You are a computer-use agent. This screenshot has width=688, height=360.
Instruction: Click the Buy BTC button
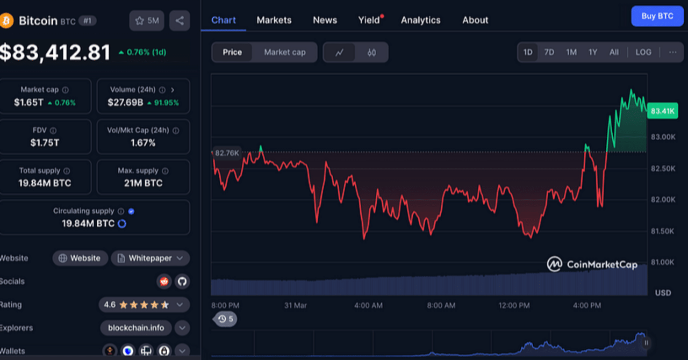[x=657, y=16]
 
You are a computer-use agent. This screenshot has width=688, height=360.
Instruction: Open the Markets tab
[x=274, y=20]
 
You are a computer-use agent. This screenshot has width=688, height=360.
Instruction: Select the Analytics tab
[x=420, y=20]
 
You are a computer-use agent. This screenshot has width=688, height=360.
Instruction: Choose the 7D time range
[x=549, y=52]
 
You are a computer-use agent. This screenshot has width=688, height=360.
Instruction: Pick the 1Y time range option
[x=592, y=52]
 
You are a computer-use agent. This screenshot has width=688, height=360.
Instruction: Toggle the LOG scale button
[x=643, y=52]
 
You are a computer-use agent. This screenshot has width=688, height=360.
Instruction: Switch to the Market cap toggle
[x=285, y=52]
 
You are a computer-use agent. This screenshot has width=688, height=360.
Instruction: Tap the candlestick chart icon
[x=371, y=53]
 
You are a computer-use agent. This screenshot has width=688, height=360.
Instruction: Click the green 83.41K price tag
[x=662, y=111]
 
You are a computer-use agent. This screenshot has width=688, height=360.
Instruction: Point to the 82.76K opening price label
[x=226, y=153]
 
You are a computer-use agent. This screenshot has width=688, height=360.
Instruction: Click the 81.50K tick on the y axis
[x=662, y=231]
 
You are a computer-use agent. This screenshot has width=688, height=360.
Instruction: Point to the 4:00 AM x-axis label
[x=368, y=305]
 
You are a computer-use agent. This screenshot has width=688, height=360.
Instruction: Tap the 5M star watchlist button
[x=147, y=20]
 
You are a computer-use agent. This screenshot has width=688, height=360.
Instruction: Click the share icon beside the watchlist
[x=180, y=20]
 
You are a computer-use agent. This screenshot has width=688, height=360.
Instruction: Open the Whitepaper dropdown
[x=150, y=258]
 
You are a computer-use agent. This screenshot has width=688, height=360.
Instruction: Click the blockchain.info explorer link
[x=136, y=328]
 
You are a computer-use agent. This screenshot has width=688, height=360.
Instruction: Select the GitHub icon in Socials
[x=182, y=281]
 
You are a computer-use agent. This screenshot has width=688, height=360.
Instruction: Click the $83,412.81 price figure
[x=55, y=52]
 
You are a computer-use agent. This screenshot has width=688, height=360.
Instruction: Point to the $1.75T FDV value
[x=45, y=142]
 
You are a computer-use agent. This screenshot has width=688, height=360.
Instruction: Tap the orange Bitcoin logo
[x=6, y=21]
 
